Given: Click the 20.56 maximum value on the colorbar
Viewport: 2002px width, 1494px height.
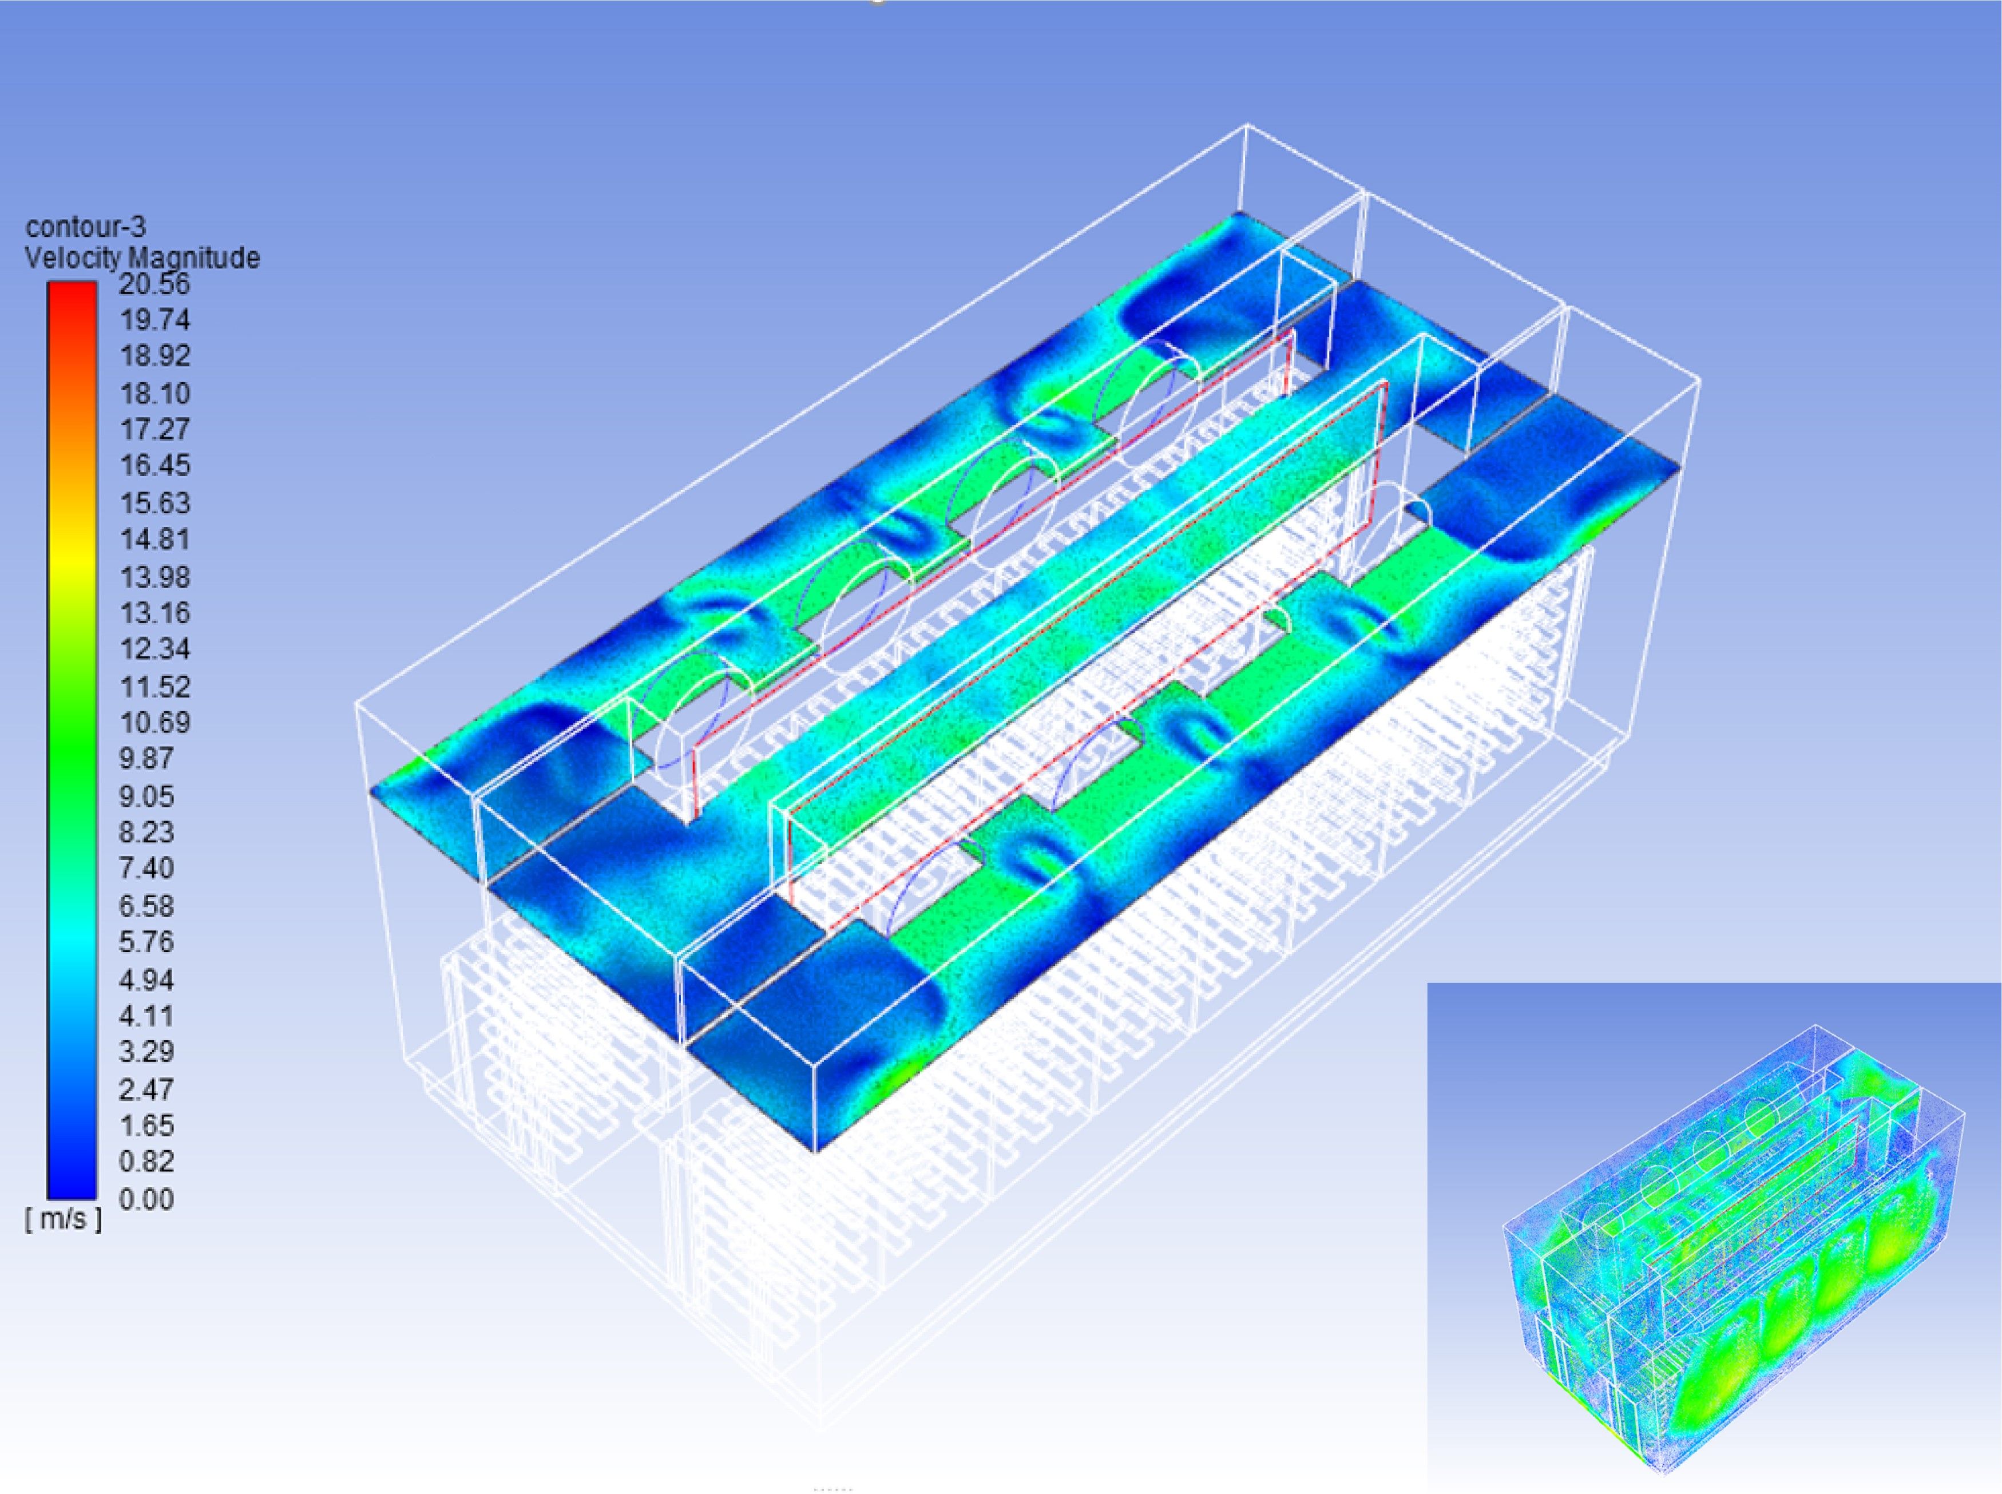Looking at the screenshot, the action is pos(154,284).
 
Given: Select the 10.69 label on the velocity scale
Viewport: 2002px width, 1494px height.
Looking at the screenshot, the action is pos(154,723).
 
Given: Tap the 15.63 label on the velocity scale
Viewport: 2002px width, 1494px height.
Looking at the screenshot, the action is pos(154,503).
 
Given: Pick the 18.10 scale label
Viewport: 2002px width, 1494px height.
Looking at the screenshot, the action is pos(154,394).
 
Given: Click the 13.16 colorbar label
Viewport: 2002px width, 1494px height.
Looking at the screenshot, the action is pos(154,613).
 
